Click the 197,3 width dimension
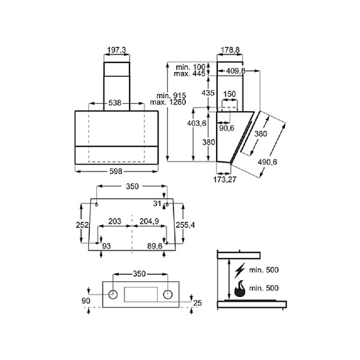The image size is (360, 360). click(117, 50)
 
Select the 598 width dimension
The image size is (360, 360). click(116, 171)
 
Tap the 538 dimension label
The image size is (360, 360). click(115, 103)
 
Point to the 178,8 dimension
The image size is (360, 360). click(230, 50)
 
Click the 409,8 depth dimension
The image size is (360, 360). click(236, 71)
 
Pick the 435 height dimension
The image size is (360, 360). click(208, 93)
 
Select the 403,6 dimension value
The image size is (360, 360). click(197, 124)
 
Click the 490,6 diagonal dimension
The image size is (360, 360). click(267, 162)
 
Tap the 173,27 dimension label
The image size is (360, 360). click(225, 179)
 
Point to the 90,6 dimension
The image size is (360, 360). click(227, 128)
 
